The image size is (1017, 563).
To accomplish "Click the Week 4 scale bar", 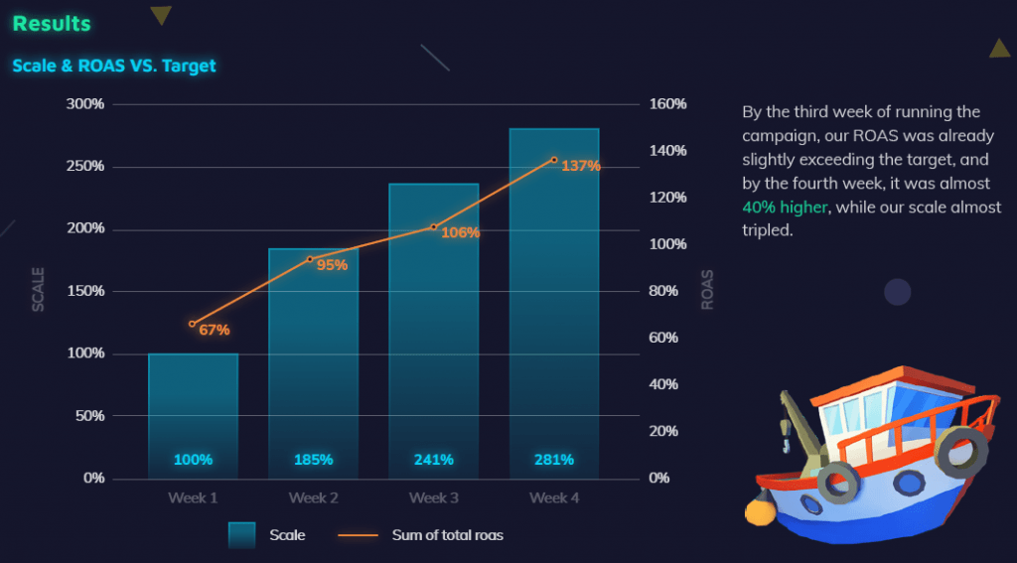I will click(x=554, y=298).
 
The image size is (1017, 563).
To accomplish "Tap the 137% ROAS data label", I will click(x=581, y=166).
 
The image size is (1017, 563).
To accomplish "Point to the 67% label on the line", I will click(x=215, y=330).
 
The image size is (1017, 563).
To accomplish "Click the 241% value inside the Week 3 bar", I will click(x=434, y=460).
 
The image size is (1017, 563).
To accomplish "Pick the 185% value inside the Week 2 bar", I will click(x=313, y=460).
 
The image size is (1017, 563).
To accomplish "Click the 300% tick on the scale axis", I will click(x=84, y=103).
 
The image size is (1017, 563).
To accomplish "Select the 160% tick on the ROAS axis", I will click(x=667, y=103).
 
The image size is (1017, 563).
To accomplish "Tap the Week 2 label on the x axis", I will click(x=314, y=497).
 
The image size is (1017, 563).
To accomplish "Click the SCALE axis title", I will click(x=39, y=290).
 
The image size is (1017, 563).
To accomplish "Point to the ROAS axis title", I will click(x=708, y=290).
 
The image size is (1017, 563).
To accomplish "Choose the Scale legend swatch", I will click(x=241, y=535).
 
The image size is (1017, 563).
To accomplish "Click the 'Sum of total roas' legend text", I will click(x=447, y=535).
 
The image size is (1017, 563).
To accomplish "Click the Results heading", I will click(x=52, y=23).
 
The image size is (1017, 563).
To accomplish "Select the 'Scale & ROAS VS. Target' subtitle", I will click(x=114, y=66).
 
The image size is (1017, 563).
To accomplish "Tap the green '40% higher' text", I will click(x=785, y=207).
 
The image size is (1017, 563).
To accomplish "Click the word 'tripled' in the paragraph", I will click(x=767, y=230).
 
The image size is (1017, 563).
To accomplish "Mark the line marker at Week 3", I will click(x=434, y=227).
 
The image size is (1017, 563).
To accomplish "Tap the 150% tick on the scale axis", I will click(x=84, y=291).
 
